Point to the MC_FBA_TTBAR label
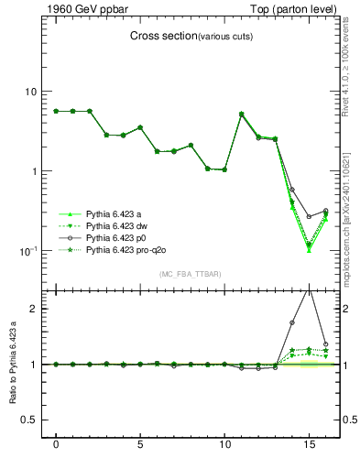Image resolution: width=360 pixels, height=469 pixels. (x=190, y=274)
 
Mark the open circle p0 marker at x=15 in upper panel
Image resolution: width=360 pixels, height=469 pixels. (x=309, y=217)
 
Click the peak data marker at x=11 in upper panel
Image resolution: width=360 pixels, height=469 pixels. (x=241, y=115)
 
